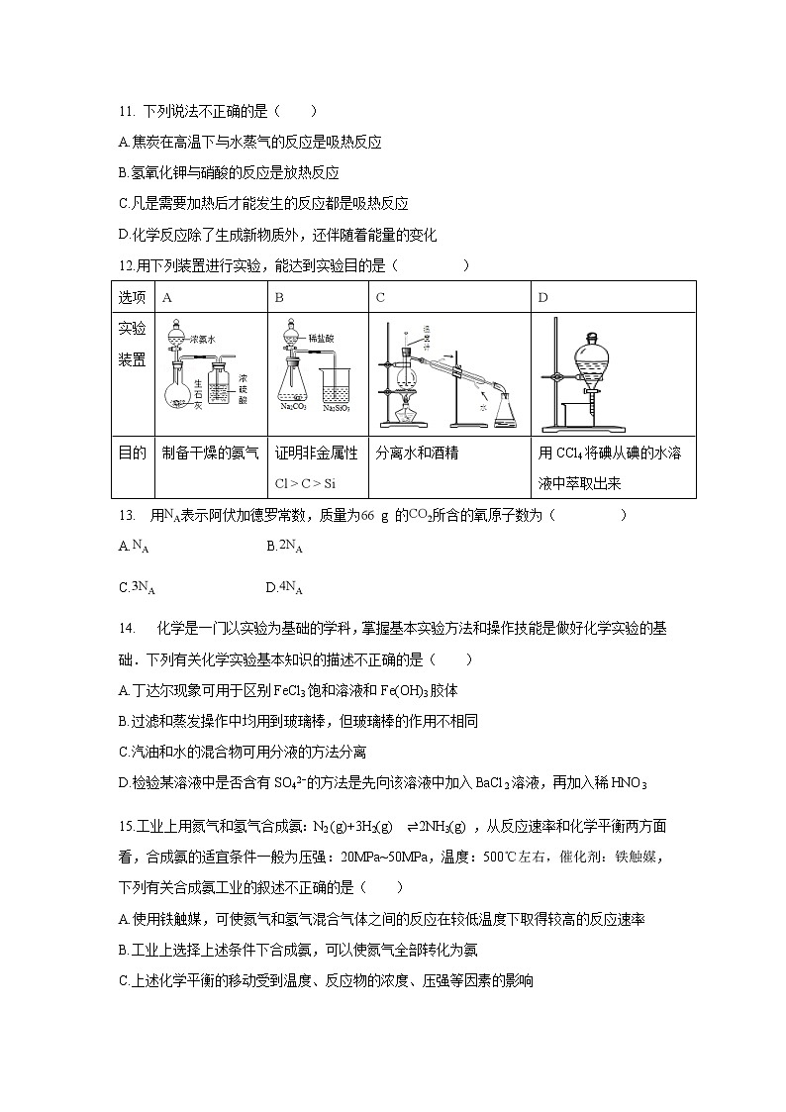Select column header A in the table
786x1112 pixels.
(x=167, y=297)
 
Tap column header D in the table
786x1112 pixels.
(x=542, y=297)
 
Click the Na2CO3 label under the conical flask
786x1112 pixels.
(x=292, y=405)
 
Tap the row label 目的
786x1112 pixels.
(x=133, y=454)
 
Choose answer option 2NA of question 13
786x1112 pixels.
(x=288, y=546)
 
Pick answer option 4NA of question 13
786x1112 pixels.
(x=288, y=587)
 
